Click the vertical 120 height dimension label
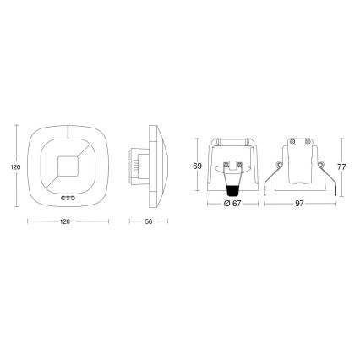[15, 167]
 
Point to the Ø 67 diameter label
[231, 204]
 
